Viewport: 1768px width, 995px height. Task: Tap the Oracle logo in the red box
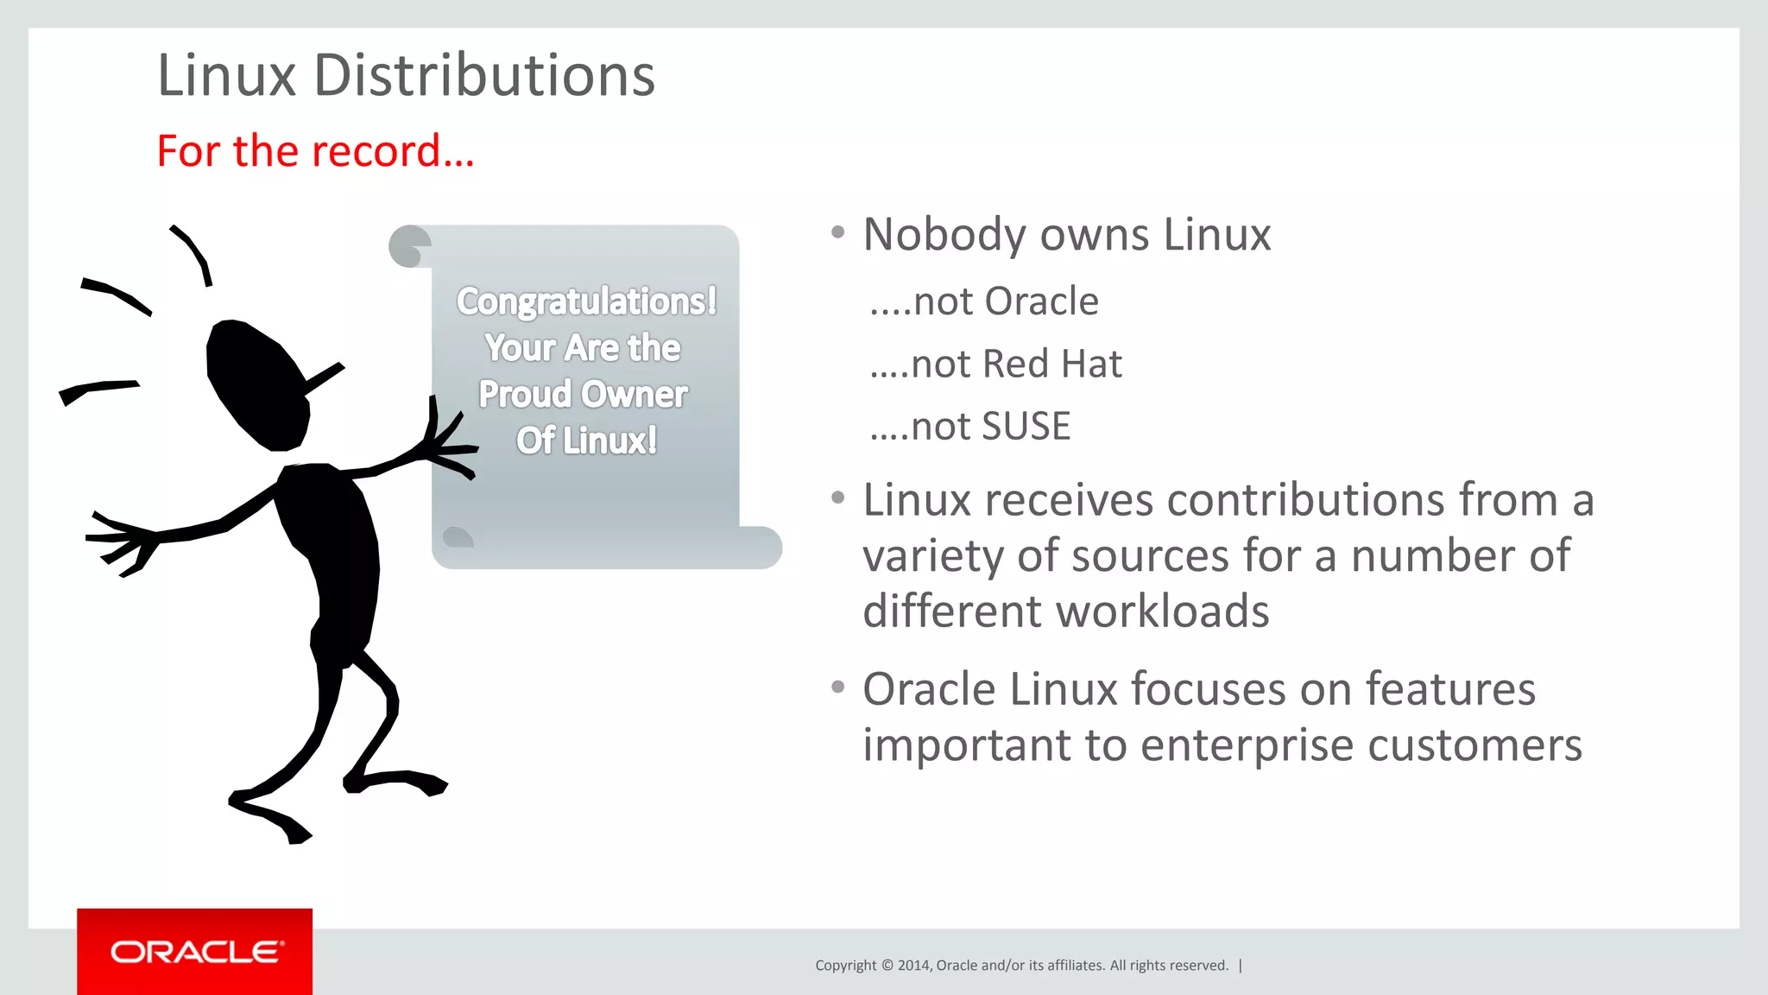(196, 952)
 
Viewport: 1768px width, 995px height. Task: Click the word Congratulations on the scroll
(585, 302)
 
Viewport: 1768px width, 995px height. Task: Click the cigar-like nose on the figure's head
(323, 377)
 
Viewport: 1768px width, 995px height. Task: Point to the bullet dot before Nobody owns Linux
(837, 232)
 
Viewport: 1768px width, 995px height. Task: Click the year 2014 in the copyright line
(913, 966)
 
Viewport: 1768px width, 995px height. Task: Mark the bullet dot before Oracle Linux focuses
(837, 688)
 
